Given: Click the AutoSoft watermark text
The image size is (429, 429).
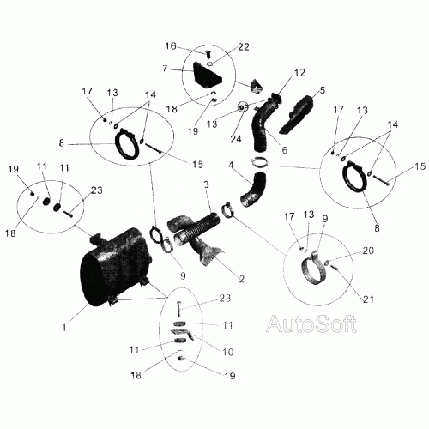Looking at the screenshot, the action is pos(311,324).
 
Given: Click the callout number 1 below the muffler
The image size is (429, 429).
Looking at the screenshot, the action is pos(64,328).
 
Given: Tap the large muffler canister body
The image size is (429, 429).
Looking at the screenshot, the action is pos(114,268).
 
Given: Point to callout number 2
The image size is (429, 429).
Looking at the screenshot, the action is pos(242,279).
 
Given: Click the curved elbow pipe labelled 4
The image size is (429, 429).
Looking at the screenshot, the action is pos(254,190).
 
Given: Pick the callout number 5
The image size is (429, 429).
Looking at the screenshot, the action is pos(323,90).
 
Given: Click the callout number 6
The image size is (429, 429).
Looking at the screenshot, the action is pos(285,150).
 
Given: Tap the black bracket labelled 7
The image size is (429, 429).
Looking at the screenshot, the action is pos(208,76).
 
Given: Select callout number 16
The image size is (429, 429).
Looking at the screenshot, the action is pos(171,46).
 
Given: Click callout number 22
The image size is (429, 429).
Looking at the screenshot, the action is pos(244,47).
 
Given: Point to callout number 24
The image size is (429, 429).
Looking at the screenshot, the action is pos(236,139).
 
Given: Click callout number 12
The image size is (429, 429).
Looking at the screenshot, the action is pos(299,73).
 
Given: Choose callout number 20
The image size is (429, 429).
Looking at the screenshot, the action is pos(368,251).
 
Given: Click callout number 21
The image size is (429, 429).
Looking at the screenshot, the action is pos(368,299).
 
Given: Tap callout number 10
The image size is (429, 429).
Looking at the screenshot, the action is pos(228,352).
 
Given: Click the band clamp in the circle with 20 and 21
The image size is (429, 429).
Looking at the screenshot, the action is pos(313,268).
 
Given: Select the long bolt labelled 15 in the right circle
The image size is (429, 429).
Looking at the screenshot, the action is pos(380,181).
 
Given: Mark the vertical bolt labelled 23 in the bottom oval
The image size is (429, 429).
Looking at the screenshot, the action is pos(178,309).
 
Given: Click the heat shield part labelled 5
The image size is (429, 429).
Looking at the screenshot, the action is pos(296,114).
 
